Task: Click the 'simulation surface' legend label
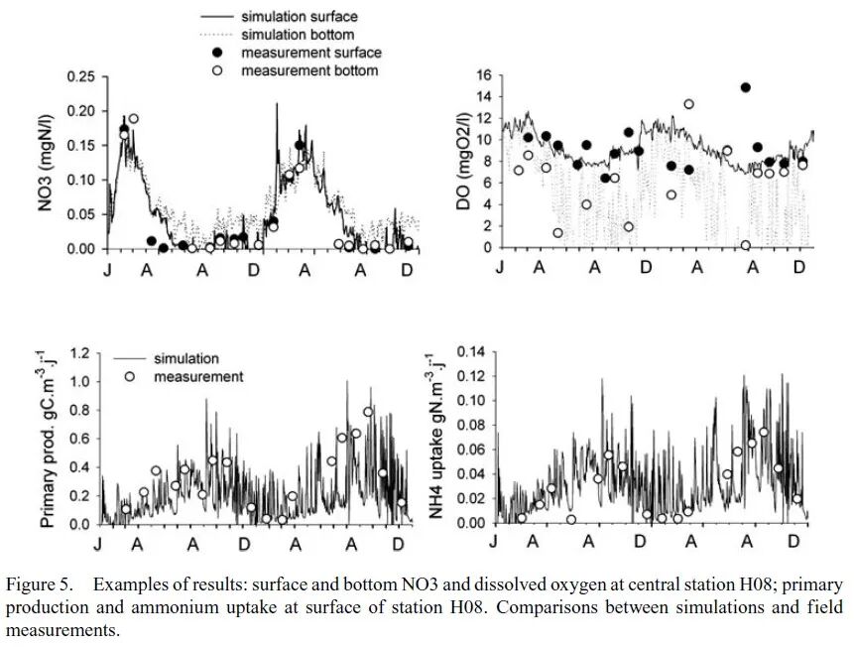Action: pyautogui.click(x=300, y=16)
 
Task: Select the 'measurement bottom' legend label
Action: pyautogui.click(x=309, y=70)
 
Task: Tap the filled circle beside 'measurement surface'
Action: pyautogui.click(x=218, y=53)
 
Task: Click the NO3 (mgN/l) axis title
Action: pyautogui.click(x=46, y=163)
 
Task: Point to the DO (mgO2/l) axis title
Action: pyautogui.click(x=463, y=162)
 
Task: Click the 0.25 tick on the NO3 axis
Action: pyautogui.click(x=80, y=76)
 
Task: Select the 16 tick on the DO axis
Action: pyautogui.click(x=484, y=74)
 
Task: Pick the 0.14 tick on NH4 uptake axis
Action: pyautogui.click(x=470, y=352)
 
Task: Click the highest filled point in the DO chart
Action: pyautogui.click(x=746, y=87)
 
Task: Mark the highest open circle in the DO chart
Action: pyautogui.click(x=689, y=104)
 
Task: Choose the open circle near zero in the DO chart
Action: pyautogui.click(x=746, y=245)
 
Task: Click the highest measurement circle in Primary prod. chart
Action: pyautogui.click(x=368, y=412)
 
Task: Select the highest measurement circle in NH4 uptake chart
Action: pyautogui.click(x=764, y=433)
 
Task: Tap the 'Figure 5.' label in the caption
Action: pyautogui.click(x=40, y=584)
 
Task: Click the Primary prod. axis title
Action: pyautogui.click(x=49, y=439)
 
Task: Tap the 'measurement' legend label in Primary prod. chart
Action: pyautogui.click(x=198, y=377)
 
